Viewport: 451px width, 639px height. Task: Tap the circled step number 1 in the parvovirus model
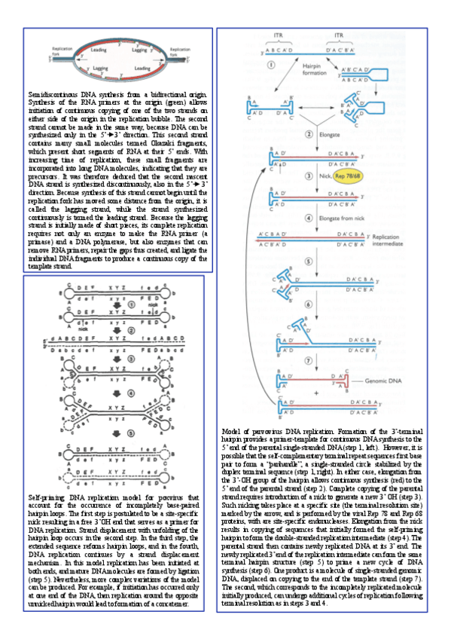[x=269, y=64]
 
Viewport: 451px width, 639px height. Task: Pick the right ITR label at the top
[x=339, y=34]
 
